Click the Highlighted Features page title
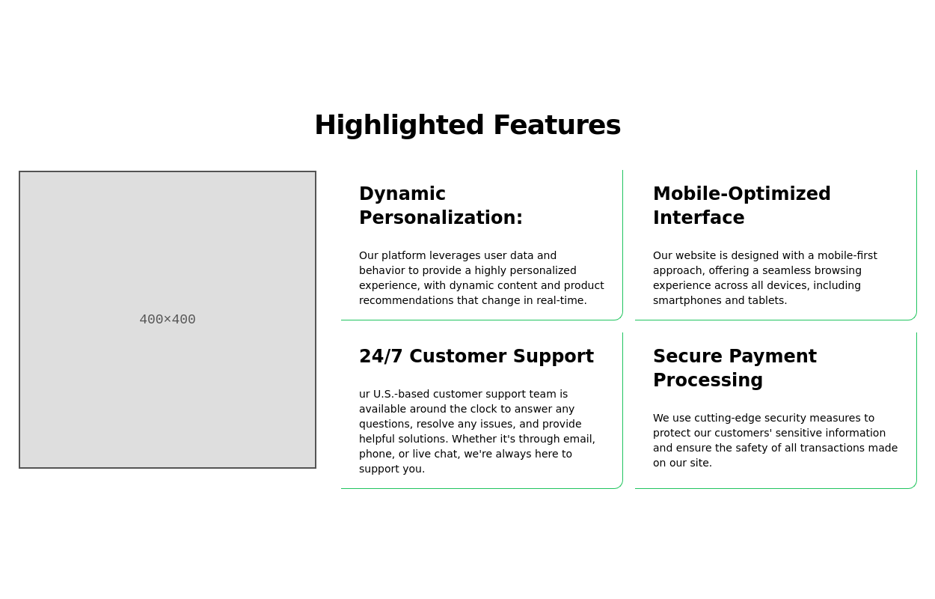(x=467, y=125)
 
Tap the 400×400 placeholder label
(x=168, y=320)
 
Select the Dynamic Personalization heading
(x=441, y=206)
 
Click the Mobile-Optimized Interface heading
(x=741, y=206)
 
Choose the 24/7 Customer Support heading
(x=476, y=356)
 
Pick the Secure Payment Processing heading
(x=735, y=368)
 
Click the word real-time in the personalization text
(x=561, y=300)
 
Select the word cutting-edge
(x=731, y=418)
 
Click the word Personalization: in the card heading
(x=441, y=218)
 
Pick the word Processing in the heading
(x=708, y=380)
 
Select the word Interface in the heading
(x=699, y=218)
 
